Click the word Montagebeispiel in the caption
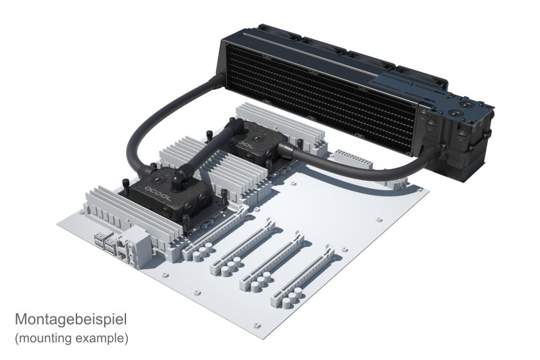(71, 319)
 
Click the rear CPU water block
(254, 146)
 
